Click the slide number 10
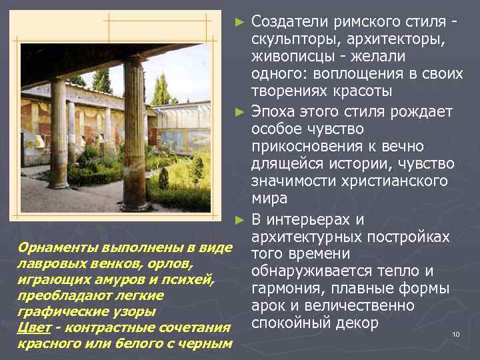click(x=456, y=333)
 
